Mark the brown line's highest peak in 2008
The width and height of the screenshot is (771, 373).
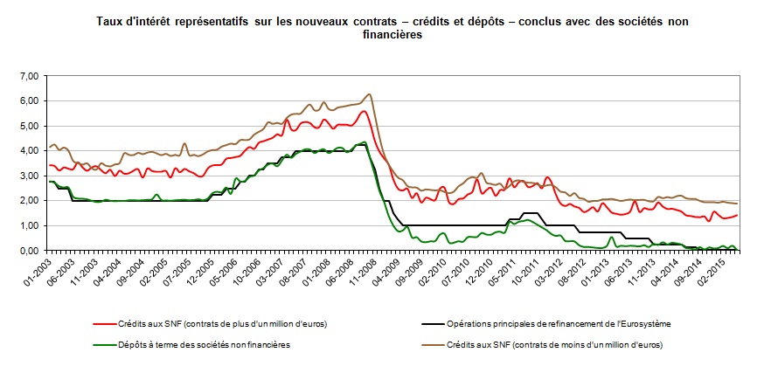pyautogui.click(x=370, y=94)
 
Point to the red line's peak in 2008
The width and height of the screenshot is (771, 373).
pyautogui.click(x=364, y=111)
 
